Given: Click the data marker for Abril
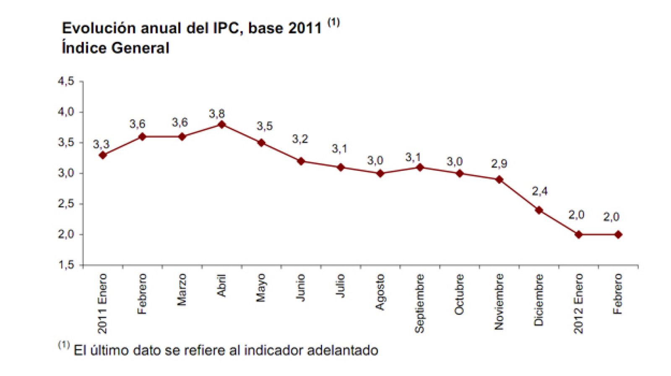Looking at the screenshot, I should pos(221,124).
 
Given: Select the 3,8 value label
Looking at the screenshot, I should pos(217,114).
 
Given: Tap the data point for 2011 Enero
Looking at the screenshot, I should pos(103,155).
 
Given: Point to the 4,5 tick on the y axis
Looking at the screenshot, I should pos(66,81).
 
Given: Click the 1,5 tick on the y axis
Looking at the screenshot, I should pos(66,265).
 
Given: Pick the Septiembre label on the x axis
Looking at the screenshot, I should pos(419,303).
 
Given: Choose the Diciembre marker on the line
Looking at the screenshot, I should pos(539,210).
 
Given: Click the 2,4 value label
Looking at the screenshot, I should pos(539,191).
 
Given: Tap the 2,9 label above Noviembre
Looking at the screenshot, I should pos(499,164).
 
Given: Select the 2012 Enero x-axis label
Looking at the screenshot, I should pos(578,303).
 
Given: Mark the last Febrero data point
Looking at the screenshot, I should pos(618,235).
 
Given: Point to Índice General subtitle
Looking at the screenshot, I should pos(115,48).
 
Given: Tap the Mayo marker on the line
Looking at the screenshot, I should pos(261,143).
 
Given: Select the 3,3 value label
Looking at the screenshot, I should pos(101,144).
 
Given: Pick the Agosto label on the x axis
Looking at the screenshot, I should pos(380,292).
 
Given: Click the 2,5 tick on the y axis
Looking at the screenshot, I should pos(66,204).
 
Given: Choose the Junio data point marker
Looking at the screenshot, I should pos(301,161).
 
